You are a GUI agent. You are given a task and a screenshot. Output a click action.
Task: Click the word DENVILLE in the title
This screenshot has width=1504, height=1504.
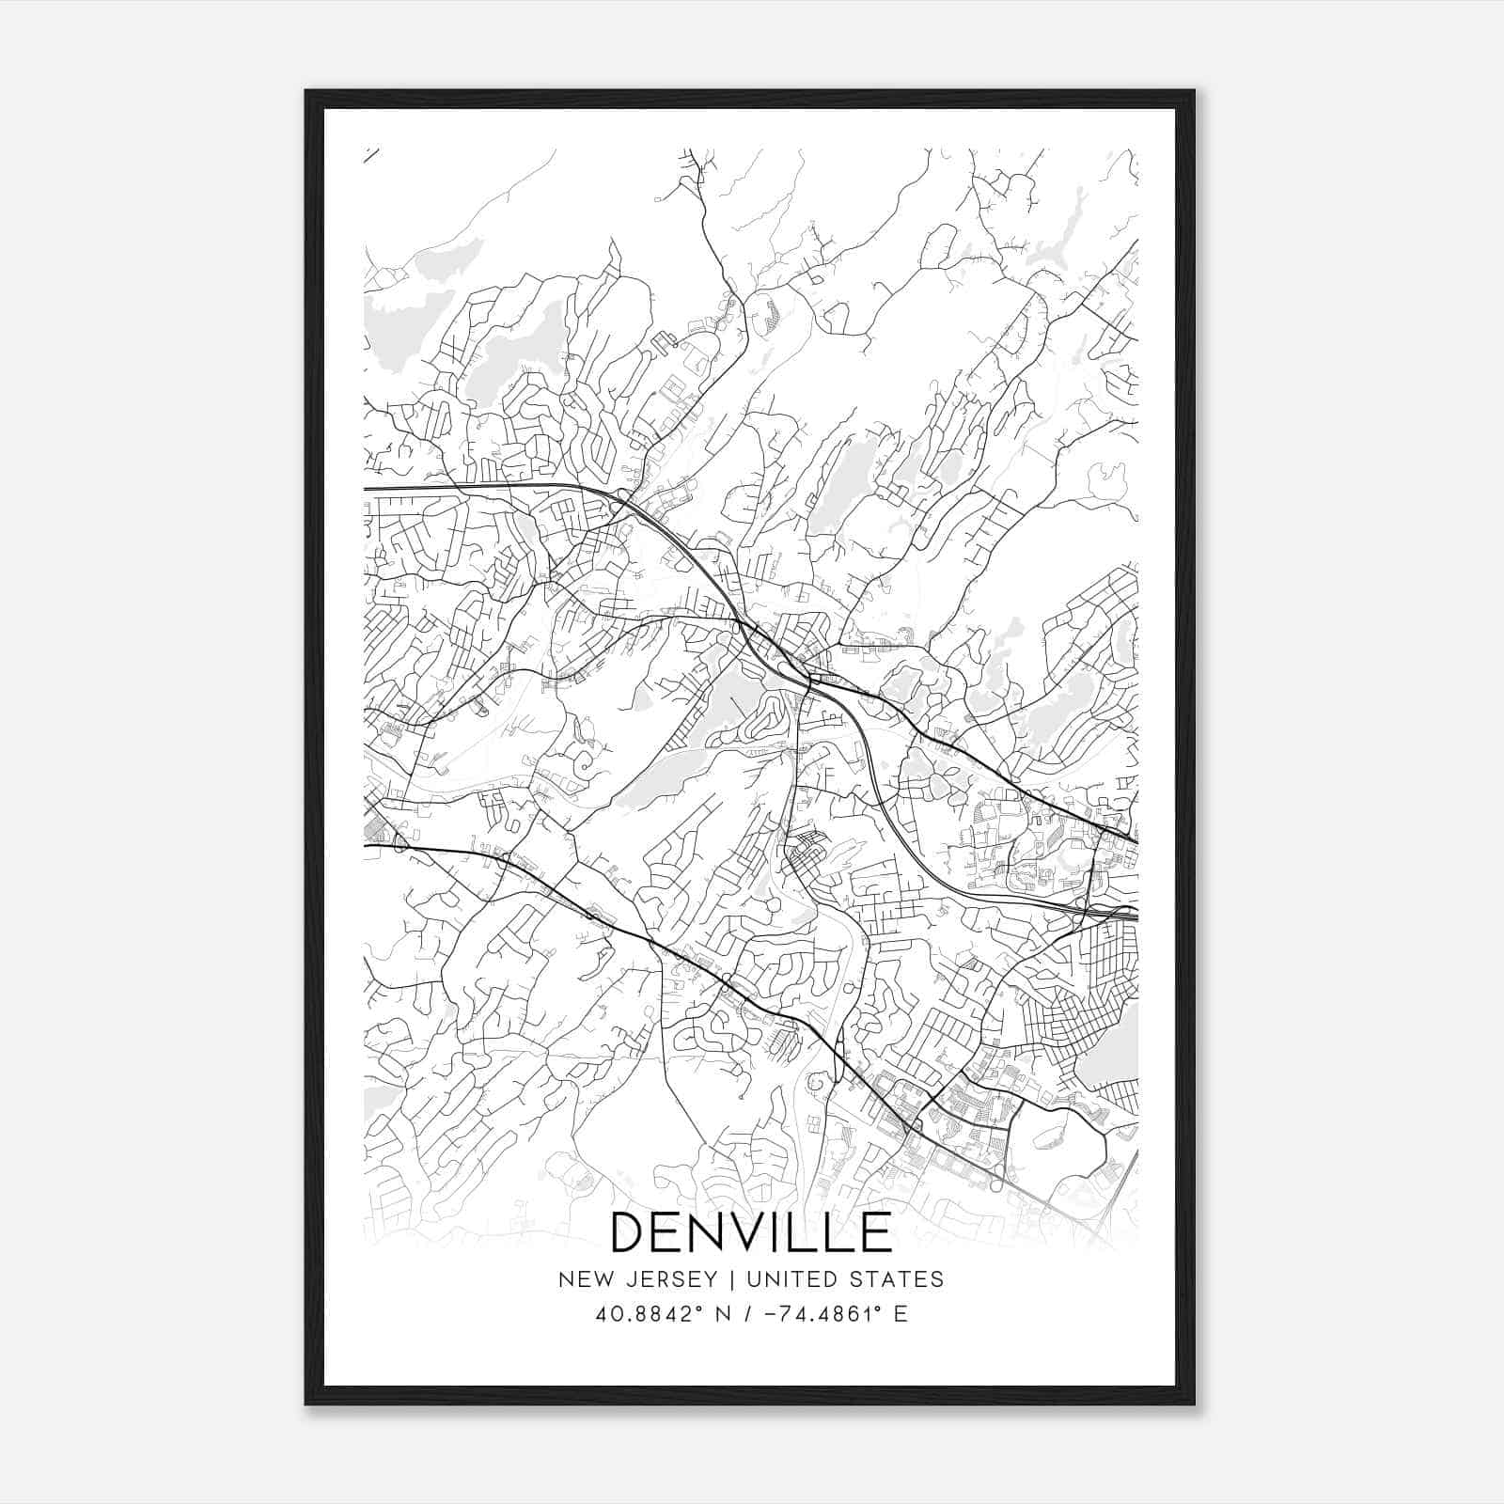[751, 1232]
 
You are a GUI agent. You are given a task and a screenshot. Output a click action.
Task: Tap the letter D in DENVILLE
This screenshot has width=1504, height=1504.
[631, 1232]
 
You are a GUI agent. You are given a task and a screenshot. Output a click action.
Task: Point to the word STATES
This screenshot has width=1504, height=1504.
[900, 1279]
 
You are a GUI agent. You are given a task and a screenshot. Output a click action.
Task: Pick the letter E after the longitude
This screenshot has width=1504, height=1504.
[901, 1314]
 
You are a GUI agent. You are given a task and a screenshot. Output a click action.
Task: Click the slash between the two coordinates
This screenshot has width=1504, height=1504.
[746, 1314]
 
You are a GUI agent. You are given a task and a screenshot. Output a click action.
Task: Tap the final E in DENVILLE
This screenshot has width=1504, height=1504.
[875, 1232]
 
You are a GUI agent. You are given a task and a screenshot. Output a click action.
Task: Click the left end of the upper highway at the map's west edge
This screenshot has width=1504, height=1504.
[367, 489]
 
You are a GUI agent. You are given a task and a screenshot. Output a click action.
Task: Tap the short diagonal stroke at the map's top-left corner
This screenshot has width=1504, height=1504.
[370, 155]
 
